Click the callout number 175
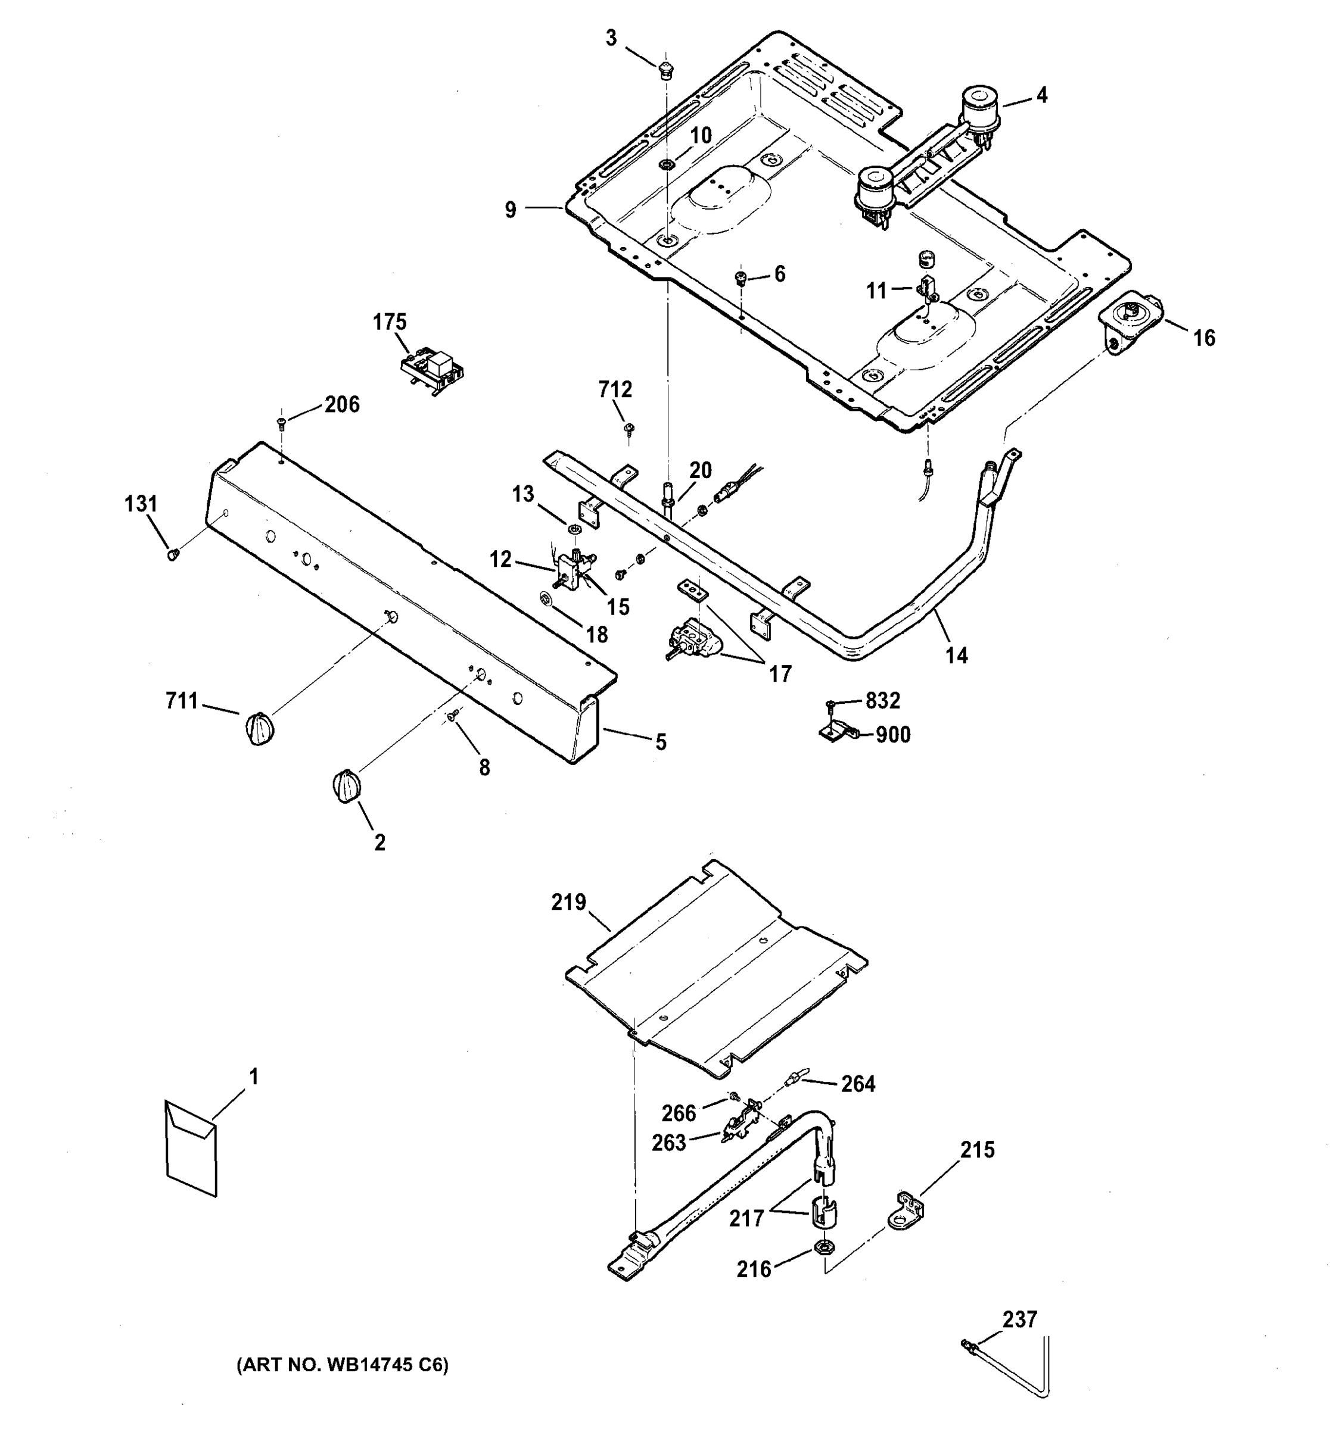389,322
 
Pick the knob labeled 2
346,785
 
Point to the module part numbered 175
431,370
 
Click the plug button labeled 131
173,554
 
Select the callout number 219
569,901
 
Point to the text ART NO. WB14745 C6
343,1365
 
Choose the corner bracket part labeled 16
1128,323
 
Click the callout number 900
892,735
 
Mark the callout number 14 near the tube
956,655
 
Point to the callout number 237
1020,1319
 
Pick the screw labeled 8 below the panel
452,716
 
